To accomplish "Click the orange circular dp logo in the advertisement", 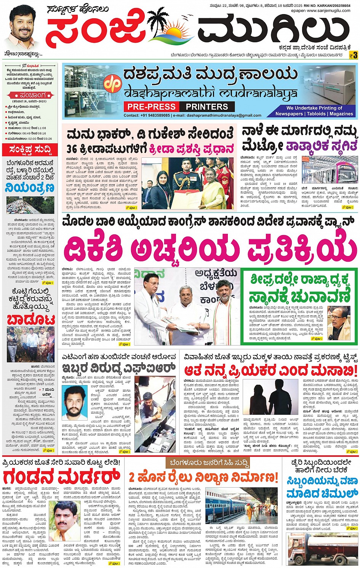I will click(x=113, y=85).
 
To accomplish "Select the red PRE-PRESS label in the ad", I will click(x=151, y=107).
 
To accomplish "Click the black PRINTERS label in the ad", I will click(x=207, y=107).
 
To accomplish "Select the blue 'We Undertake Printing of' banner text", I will click(x=314, y=108).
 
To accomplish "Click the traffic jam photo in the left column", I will click(x=30, y=205).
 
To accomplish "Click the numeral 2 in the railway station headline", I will click(x=132, y=477).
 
